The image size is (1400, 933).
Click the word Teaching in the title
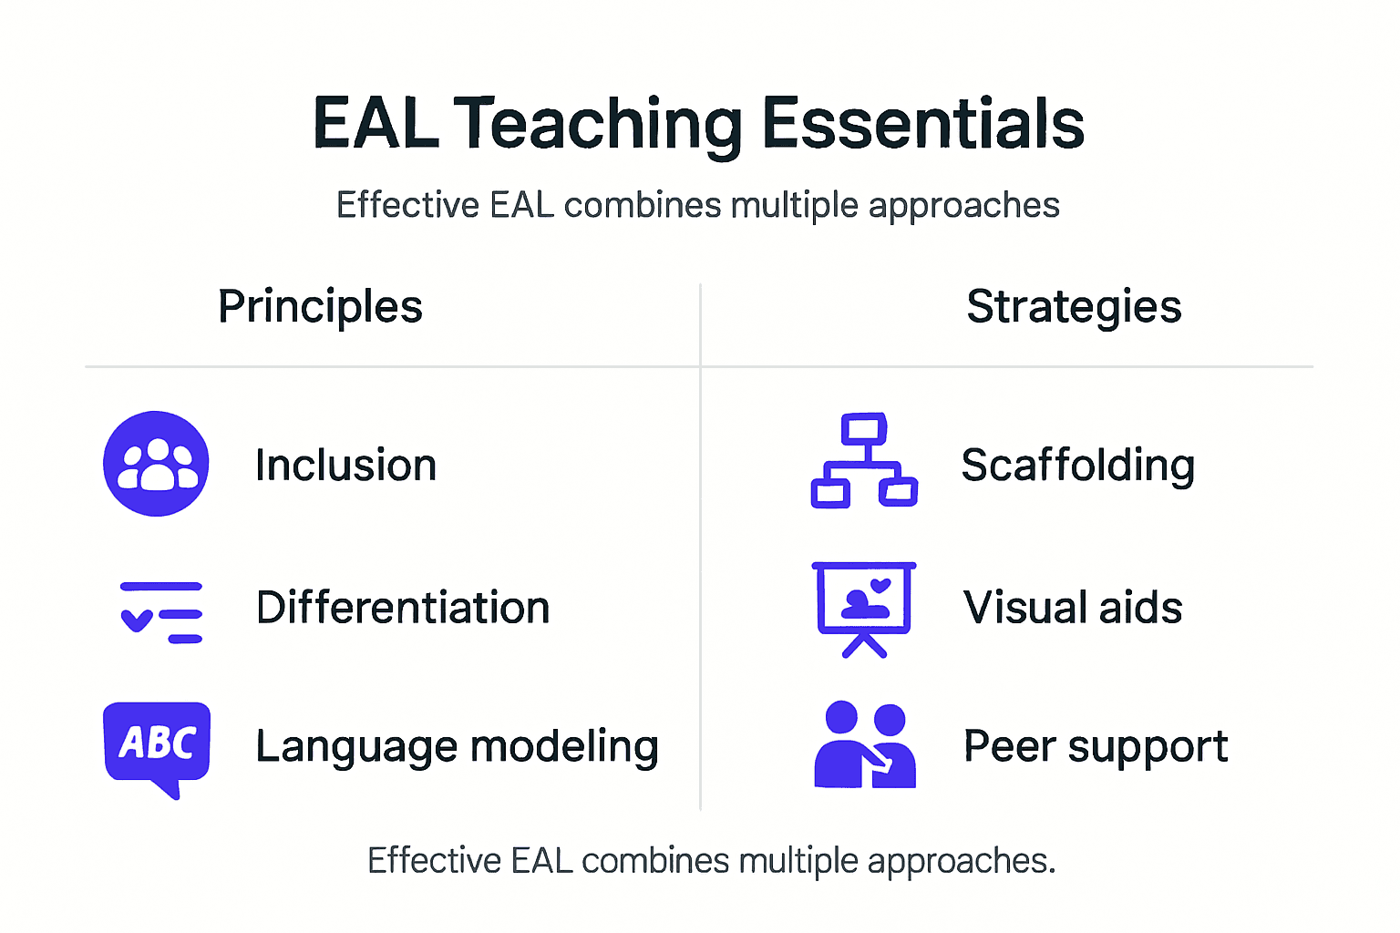tap(597, 125)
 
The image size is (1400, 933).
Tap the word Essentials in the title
tap(922, 125)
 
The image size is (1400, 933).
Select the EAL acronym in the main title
tap(376, 125)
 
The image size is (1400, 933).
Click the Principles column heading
tap(320, 307)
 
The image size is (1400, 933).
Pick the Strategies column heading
tap(1074, 307)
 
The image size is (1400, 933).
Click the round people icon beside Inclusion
tap(156, 464)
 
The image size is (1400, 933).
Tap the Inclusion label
tap(345, 466)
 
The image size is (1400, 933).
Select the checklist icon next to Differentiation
tap(161, 612)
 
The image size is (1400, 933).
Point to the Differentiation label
tap(403, 608)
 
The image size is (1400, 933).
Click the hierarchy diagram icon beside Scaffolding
tap(864, 461)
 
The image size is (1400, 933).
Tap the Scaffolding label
tap(1077, 466)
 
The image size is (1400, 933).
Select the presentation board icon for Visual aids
tap(863, 608)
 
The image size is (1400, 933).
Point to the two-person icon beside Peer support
tap(864, 745)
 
